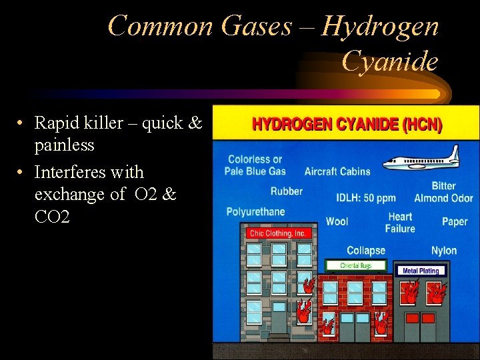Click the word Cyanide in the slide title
coord(390,61)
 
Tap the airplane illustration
coord(421,158)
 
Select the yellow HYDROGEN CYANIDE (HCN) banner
coord(346,125)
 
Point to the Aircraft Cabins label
coord(337,171)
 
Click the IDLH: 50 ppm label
coord(366,198)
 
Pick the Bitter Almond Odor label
coord(443,192)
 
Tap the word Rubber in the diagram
coord(286,191)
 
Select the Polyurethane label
coord(255,212)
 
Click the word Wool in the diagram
coord(337,221)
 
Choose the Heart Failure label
coord(400,223)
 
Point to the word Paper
coord(455,221)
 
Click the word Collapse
coord(366,251)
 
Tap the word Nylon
coord(444,251)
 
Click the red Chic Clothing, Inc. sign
coord(277,233)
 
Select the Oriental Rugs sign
coord(355,265)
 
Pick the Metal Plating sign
coord(421,271)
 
